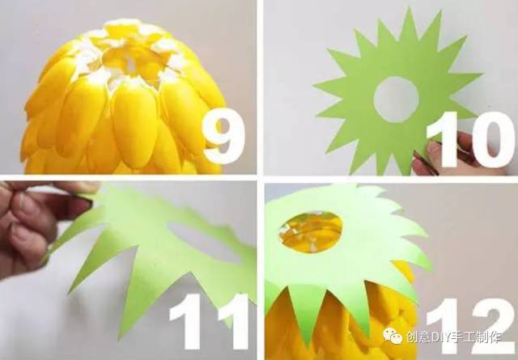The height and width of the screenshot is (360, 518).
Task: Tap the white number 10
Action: pyautogui.click(x=470, y=139)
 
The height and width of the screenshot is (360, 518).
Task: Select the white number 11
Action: pyautogui.click(x=209, y=321)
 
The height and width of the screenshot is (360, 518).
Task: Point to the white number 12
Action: pyautogui.click(x=472, y=327)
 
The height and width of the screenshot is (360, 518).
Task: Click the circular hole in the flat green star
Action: pyautogui.click(x=396, y=100)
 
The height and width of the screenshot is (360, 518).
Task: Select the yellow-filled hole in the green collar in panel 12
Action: pyautogui.click(x=311, y=232)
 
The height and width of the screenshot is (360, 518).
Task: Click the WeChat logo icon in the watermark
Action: pyautogui.click(x=393, y=337)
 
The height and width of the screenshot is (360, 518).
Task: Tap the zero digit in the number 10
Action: pyautogui.click(x=494, y=139)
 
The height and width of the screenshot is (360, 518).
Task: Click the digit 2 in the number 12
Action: pyautogui.click(x=495, y=327)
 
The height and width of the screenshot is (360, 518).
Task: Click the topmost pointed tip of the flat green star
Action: pyautogui.click(x=410, y=7)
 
